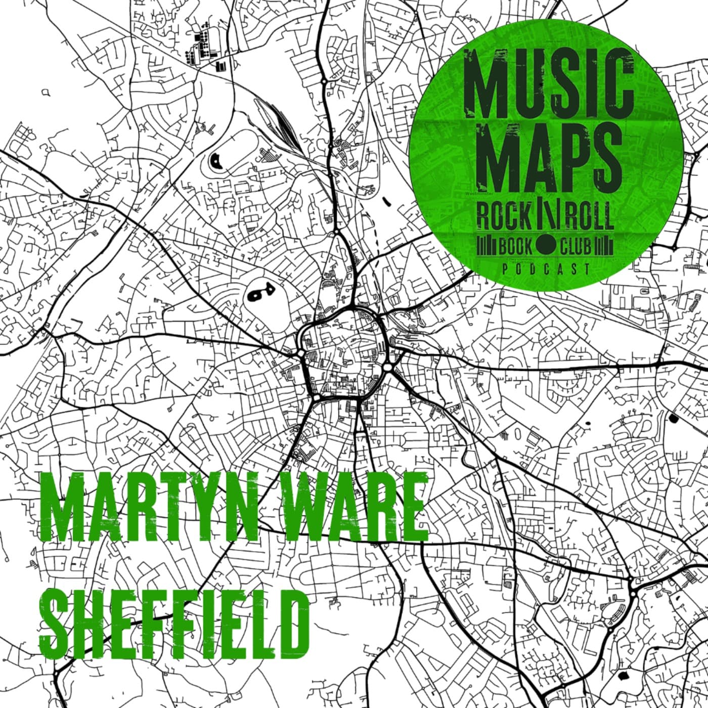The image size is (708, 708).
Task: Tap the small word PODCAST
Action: (x=546, y=269)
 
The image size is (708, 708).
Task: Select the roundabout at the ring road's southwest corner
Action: (x=316, y=399)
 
